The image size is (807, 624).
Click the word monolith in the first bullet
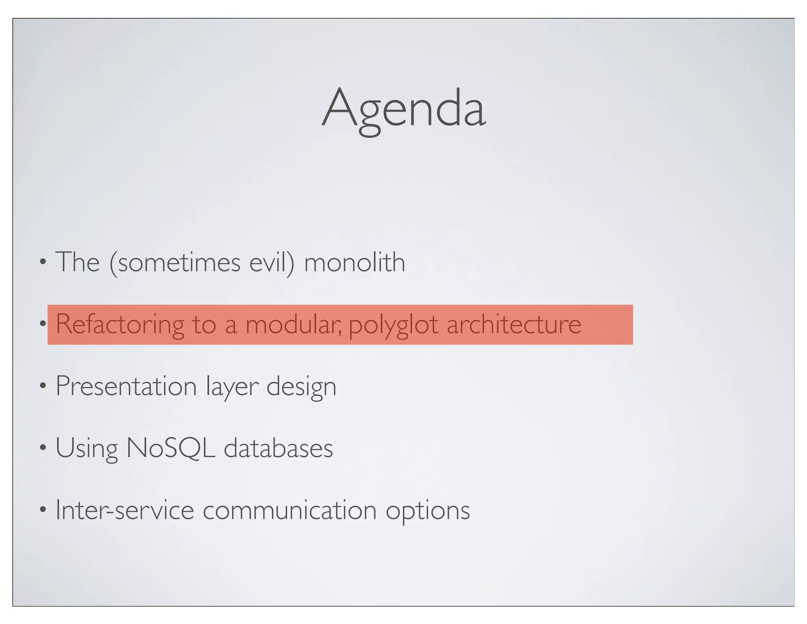tap(354, 262)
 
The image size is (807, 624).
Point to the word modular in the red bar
tap(294, 324)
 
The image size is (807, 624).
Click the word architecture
tap(514, 324)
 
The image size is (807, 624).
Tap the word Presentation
tap(126, 386)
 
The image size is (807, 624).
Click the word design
tap(301, 387)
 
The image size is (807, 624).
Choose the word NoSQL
tap(170, 448)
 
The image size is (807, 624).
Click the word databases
tap(278, 448)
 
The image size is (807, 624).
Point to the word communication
tap(290, 510)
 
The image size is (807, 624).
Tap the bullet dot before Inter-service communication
tap(43, 509)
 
